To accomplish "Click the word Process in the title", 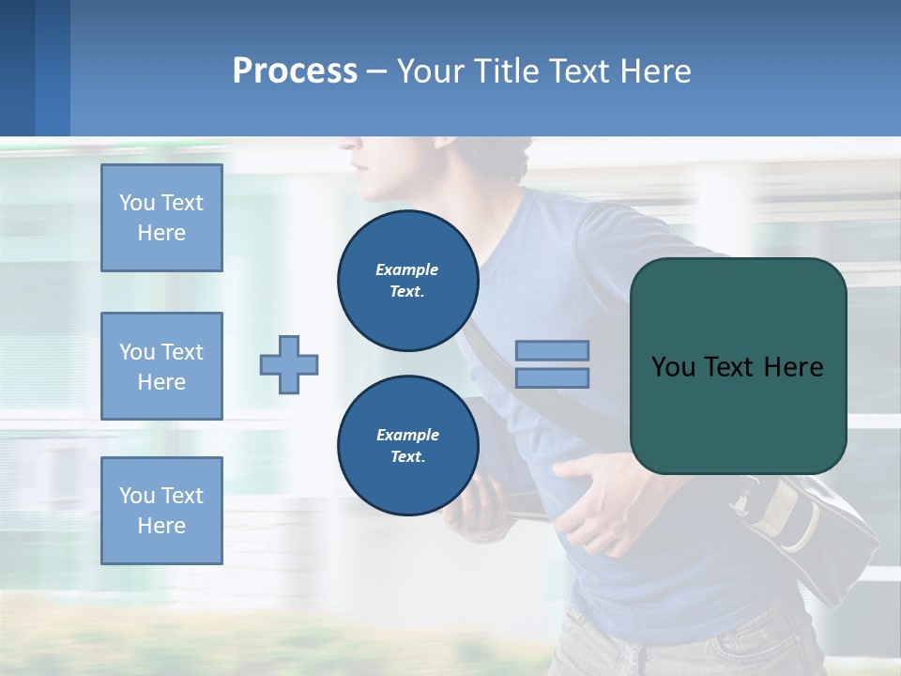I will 295,71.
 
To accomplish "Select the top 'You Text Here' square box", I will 161,218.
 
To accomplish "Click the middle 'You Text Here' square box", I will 161,366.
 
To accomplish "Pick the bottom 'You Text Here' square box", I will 161,511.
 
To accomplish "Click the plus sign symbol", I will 289,364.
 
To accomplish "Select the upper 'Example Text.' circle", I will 407,281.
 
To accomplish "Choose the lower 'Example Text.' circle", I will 407,446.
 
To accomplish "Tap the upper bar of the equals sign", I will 552,351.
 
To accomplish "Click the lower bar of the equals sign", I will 552,377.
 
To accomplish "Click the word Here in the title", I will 656,71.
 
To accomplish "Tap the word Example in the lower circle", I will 407,435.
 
